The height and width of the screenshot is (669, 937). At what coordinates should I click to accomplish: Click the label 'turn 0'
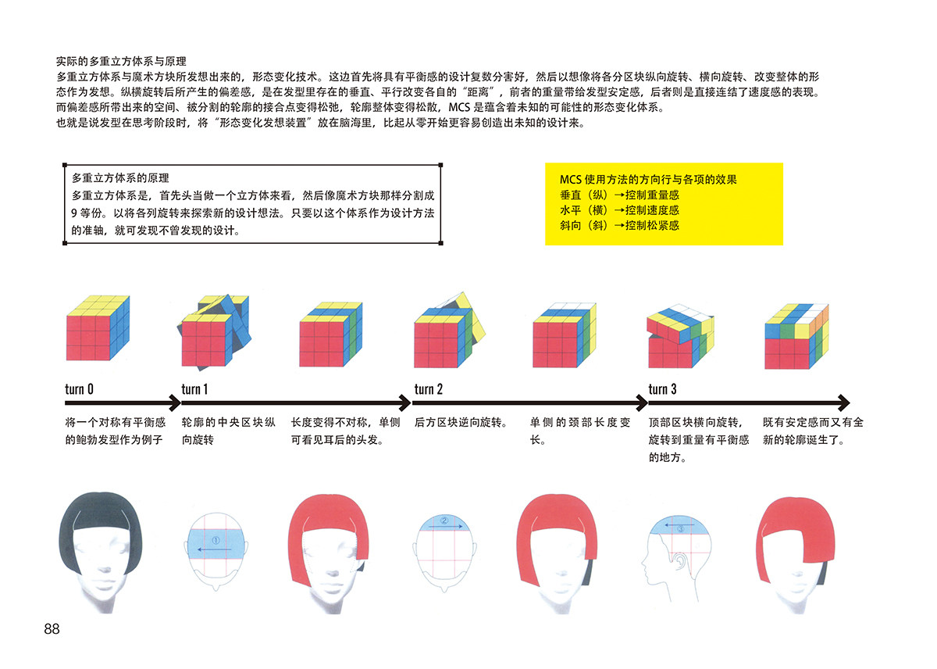coord(80,388)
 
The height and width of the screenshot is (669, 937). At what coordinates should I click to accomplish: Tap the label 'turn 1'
coord(194,388)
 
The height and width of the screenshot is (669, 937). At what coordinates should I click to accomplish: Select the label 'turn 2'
coord(429,388)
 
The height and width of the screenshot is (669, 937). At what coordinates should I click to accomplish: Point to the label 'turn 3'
coord(662,388)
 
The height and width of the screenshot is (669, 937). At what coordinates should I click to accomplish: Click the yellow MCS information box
coord(664,204)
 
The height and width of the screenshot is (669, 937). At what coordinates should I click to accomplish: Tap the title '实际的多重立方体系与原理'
coord(120,60)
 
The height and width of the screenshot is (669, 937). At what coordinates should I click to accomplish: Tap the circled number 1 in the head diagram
coord(216,539)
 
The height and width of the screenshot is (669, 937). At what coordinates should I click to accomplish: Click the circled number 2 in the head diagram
coord(444,520)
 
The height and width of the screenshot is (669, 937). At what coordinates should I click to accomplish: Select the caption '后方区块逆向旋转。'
coord(461,423)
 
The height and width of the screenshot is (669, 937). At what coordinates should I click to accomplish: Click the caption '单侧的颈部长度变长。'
coord(579,431)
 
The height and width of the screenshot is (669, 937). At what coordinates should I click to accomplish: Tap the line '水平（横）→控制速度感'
coord(619,209)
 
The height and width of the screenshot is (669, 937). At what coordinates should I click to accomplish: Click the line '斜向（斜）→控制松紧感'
coord(619,225)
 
